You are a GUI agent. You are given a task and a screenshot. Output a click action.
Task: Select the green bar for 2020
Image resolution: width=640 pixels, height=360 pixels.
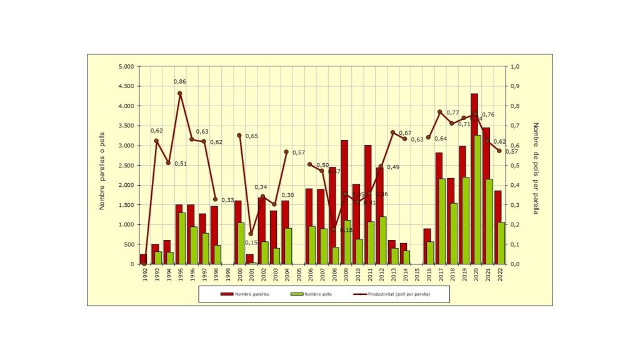click(x=478, y=200)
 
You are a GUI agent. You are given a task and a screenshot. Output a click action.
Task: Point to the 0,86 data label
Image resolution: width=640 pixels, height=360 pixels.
click(x=180, y=82)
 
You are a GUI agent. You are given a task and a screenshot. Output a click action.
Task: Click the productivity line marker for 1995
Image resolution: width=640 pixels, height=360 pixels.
click(x=180, y=94)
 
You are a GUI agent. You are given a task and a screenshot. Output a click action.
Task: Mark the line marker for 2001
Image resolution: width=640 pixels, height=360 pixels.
click(x=251, y=234)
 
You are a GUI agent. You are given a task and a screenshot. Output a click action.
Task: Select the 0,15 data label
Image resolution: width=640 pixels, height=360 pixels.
click(x=251, y=243)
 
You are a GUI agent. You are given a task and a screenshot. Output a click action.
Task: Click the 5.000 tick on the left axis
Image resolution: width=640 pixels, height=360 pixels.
click(x=126, y=67)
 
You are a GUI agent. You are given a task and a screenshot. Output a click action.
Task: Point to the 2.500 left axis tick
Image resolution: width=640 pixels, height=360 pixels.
click(x=126, y=166)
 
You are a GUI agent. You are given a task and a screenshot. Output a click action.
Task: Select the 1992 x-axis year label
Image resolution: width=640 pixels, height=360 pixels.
click(x=145, y=276)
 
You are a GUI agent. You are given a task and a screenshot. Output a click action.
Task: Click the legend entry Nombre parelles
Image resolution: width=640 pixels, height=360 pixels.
click(x=245, y=293)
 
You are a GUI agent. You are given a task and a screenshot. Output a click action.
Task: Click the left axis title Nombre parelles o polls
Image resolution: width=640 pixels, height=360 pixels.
click(x=102, y=166)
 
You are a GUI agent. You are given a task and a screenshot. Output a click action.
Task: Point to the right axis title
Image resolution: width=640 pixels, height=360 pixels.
click(x=536, y=167)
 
